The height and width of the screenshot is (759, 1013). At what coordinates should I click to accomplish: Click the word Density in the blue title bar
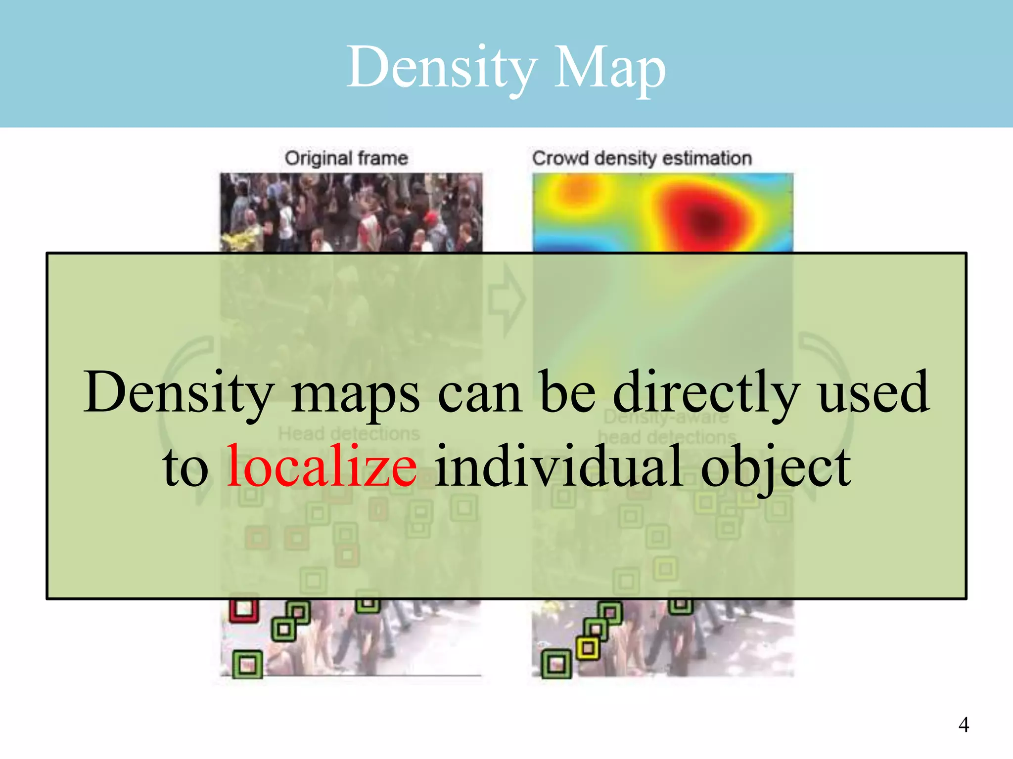442,68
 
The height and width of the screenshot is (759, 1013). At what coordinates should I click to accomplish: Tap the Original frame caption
346,158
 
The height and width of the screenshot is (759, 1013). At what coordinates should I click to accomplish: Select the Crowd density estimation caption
642,158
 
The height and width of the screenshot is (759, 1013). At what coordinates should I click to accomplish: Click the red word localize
322,466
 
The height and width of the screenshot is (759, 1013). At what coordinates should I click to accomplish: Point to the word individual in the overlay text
559,466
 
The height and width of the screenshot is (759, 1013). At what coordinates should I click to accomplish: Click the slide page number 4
964,724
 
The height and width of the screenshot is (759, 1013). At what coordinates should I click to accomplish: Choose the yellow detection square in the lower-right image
588,648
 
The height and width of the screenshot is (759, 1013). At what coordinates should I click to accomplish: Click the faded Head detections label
349,434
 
